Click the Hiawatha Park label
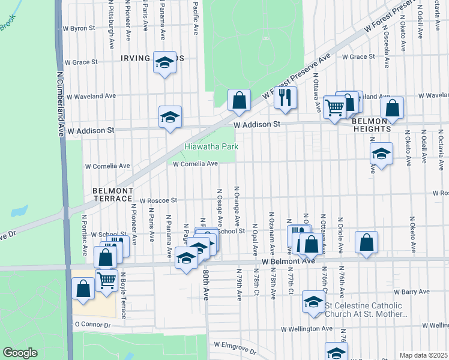tap(211, 146)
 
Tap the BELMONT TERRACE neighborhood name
tap(112, 194)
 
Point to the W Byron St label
tap(79, 28)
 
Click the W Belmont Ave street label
tap(288, 262)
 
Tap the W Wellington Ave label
tap(307, 329)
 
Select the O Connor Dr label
tap(92, 325)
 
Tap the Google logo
tap(20, 353)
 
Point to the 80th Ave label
tap(206, 282)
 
